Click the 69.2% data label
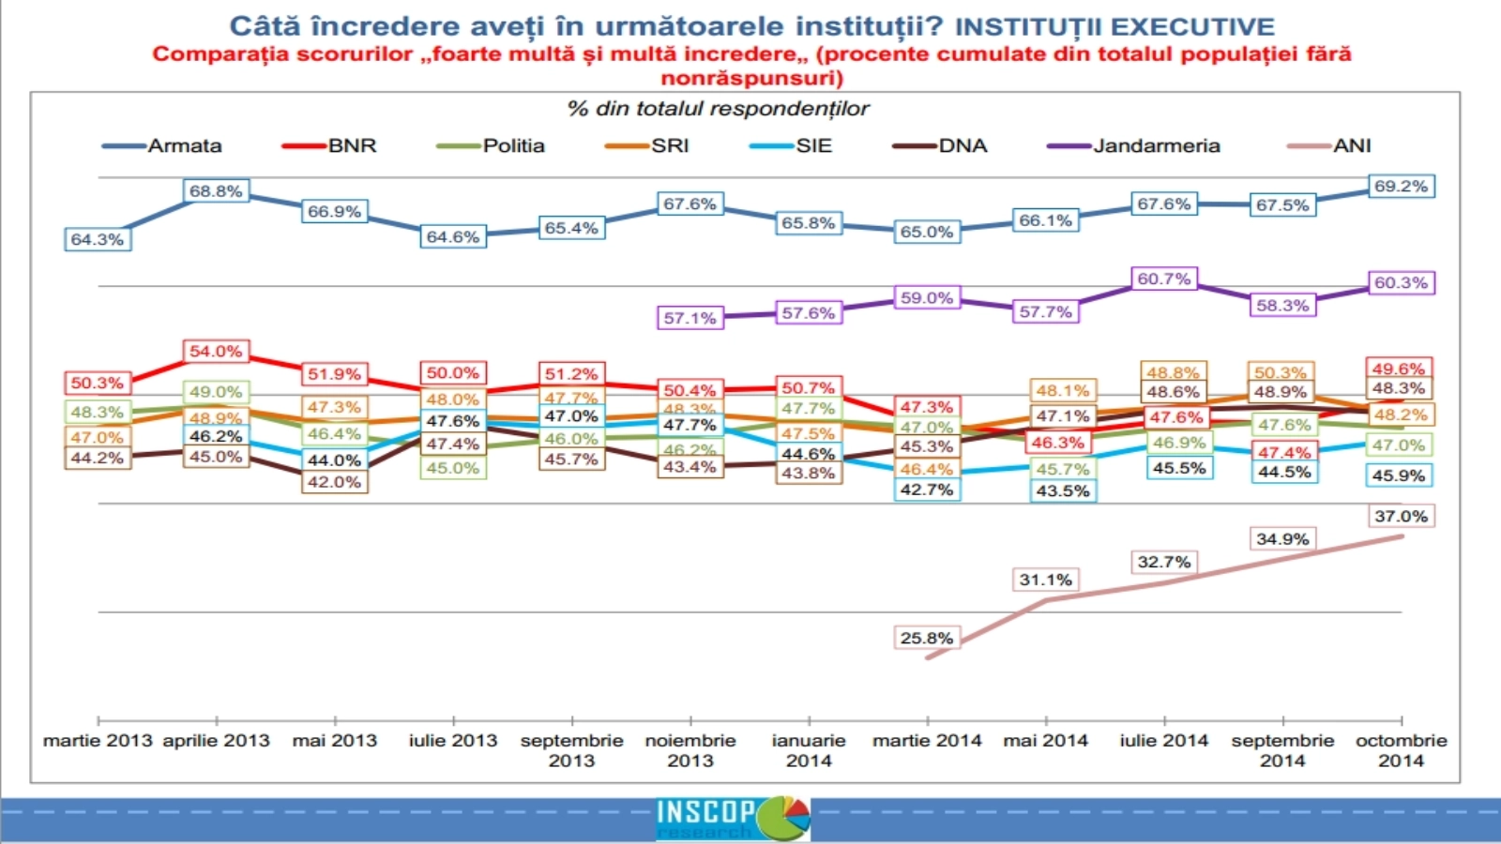pos(1401,187)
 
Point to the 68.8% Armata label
pos(216,191)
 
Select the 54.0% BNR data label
pos(216,352)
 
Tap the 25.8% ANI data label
pos(927,639)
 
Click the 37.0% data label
pos(1401,517)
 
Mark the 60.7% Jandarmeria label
pos(1163,279)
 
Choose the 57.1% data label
pos(690,318)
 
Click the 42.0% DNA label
pos(334,482)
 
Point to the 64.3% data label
pos(98,239)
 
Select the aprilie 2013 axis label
pos(216,741)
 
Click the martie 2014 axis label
pos(927,741)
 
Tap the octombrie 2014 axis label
pos(1401,750)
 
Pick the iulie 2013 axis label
pos(453,741)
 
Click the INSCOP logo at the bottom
pos(732,818)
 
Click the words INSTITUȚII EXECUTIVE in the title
pos(1114,26)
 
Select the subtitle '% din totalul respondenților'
pos(718,109)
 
